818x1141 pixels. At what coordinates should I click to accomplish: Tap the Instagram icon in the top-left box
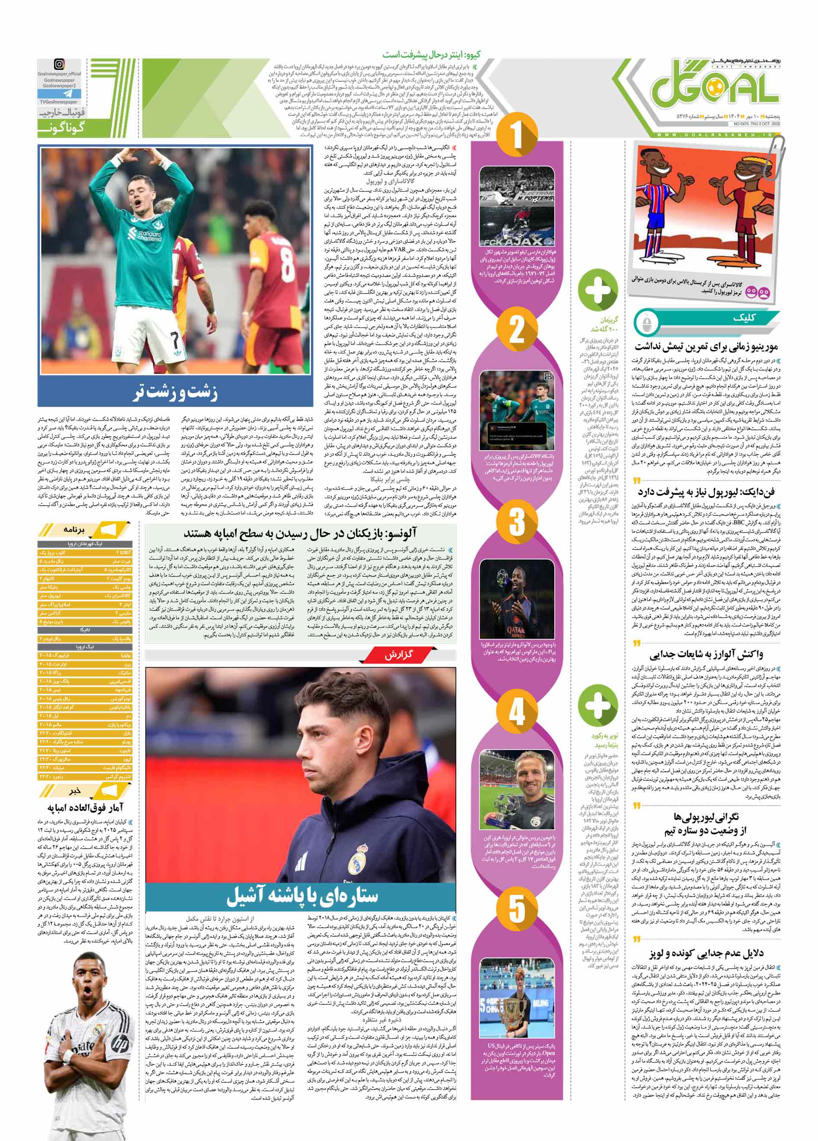(x=59, y=64)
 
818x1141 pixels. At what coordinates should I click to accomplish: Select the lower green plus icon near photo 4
(x=597, y=704)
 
